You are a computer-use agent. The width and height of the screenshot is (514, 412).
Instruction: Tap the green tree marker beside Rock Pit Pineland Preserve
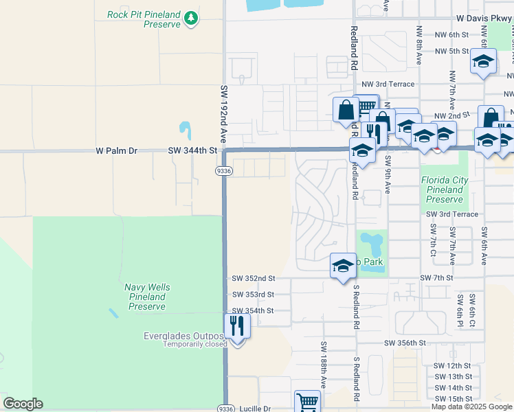coord(192,23)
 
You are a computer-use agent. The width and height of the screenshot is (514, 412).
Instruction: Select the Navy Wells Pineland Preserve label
coord(147,297)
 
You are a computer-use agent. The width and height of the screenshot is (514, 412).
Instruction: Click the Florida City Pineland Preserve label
coord(445,190)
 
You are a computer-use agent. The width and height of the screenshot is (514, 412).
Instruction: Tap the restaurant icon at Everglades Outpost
coord(237,325)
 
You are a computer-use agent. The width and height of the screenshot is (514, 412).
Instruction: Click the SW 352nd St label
coord(253,278)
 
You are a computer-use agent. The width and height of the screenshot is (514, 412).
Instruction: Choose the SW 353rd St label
coord(253,295)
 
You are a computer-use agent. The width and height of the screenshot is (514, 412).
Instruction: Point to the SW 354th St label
coord(253,311)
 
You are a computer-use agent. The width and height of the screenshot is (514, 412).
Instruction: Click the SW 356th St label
coord(405,343)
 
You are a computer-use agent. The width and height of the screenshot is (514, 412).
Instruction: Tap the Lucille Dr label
coord(256,409)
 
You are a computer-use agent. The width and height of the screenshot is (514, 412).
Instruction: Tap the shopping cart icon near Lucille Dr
coord(306,402)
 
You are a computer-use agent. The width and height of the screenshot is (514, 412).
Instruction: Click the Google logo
coord(23,404)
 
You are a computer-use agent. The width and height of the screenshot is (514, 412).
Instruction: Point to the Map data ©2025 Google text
coord(472,407)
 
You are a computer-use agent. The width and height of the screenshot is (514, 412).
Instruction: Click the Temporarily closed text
coord(194,344)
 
